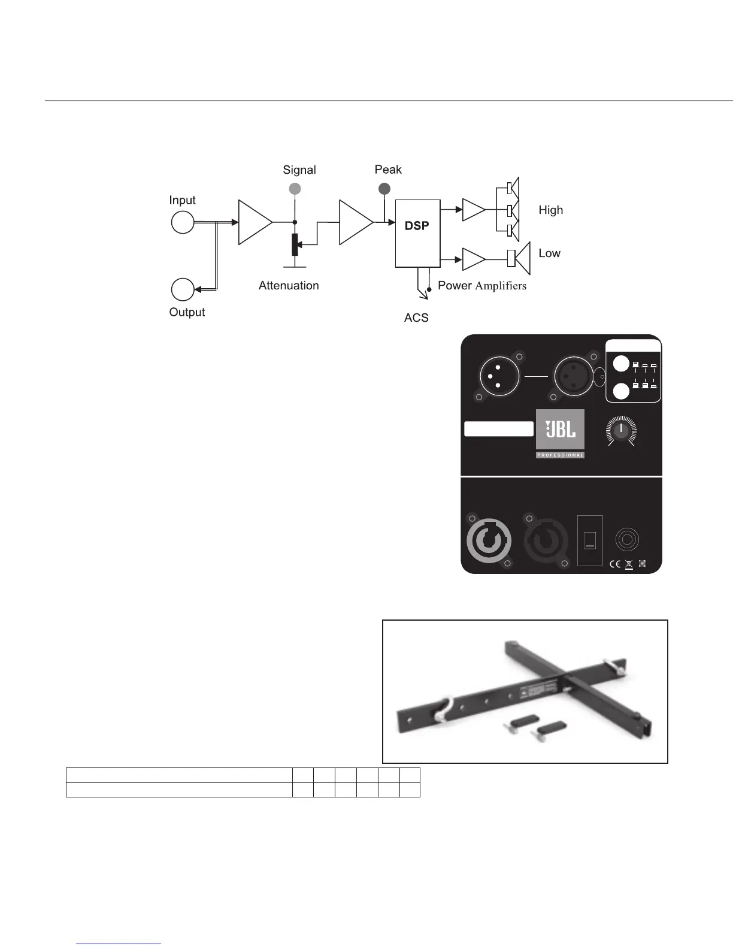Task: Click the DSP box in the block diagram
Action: pos(417,232)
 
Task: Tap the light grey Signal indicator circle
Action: pos(294,189)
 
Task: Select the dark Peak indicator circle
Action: pos(384,189)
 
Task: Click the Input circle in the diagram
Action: pos(183,222)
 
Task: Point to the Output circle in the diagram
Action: pos(183,289)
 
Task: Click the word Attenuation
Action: pos(289,286)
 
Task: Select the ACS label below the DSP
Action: pos(416,318)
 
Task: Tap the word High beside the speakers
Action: pos(550,210)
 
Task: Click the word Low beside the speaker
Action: pos(549,253)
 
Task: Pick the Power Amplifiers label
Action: pos(482,286)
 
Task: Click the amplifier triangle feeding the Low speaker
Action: pos(474,259)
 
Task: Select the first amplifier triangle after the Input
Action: pos(255,222)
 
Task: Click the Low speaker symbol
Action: pos(519,259)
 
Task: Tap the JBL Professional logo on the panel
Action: pos(560,434)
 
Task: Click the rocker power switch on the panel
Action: pos(590,540)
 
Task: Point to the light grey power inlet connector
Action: pos(489,540)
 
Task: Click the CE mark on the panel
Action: pos(614,564)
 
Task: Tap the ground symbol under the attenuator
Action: pos(294,265)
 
